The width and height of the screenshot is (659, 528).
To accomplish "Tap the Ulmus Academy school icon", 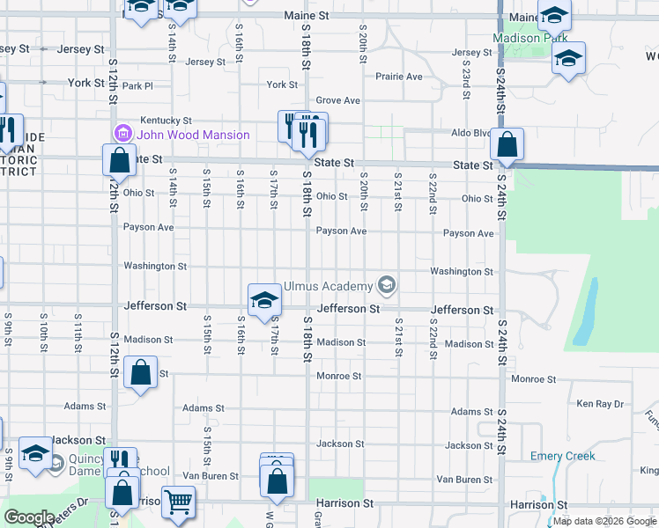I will [385, 285].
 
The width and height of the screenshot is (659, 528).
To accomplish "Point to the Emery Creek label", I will [563, 456].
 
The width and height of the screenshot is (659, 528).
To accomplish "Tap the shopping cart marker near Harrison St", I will [178, 502].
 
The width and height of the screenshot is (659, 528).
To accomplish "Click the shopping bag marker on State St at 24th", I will [507, 145].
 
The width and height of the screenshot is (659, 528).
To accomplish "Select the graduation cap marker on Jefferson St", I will [263, 301].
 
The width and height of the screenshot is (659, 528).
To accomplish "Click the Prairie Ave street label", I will [399, 77].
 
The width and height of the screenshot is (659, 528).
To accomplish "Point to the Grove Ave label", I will [338, 100].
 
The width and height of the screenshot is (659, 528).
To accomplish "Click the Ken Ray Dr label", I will [599, 404].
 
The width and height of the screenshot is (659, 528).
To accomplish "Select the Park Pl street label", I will [137, 86].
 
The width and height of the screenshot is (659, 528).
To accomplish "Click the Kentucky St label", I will [167, 120].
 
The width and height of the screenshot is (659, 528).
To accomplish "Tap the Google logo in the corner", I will [29, 517].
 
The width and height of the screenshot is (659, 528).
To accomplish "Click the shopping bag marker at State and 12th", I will [119, 161].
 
